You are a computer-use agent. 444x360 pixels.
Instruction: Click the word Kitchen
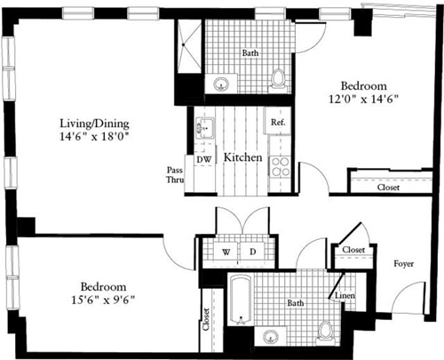pyautogui.click(x=242, y=157)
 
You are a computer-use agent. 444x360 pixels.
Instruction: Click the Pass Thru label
pyautogui.click(x=175, y=174)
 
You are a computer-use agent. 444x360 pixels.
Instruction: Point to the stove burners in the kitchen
pyautogui.click(x=280, y=164)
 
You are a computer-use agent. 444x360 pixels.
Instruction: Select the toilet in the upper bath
pyautogui.click(x=278, y=79)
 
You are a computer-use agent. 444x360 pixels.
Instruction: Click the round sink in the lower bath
pyautogui.click(x=270, y=337)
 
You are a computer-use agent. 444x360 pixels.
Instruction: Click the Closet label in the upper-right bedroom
pyautogui.click(x=387, y=188)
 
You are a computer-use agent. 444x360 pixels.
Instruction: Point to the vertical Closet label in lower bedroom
pyautogui.click(x=206, y=321)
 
